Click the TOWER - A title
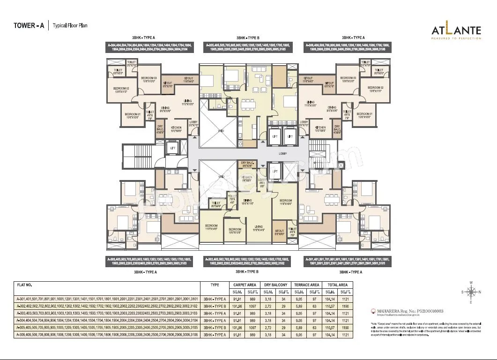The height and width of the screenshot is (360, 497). point(29,26)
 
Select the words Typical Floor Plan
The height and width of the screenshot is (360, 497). point(70,26)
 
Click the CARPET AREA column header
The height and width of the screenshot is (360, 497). point(244,285)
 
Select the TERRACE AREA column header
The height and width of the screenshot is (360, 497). point(306,285)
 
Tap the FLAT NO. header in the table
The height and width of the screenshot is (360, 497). point(24,285)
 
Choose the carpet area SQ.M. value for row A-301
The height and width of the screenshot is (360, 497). point(237,299)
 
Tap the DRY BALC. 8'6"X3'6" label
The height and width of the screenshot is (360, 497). point(247,165)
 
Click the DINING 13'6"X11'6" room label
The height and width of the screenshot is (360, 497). point(247,202)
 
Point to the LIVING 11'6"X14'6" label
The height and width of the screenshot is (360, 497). point(259,228)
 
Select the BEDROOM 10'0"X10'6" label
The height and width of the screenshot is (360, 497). point(234,230)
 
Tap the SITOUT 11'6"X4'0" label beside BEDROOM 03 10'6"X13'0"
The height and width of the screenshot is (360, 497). point(189,80)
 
